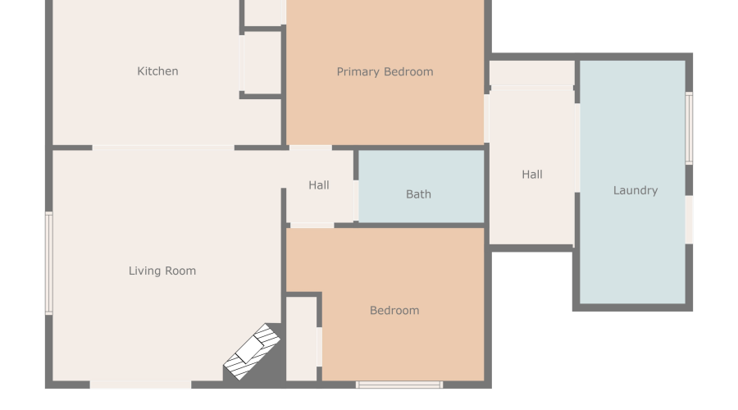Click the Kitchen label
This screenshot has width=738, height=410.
coord(157,71)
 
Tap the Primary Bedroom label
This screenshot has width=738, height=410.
coord(385,71)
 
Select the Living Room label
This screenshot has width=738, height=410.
coord(162,271)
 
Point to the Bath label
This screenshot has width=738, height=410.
coord(418,194)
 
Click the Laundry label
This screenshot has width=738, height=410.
coord(635,190)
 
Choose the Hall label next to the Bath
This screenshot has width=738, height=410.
coord(319,185)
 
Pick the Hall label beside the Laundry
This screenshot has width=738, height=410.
coord(532,174)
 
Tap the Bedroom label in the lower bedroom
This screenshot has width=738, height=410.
coord(394,310)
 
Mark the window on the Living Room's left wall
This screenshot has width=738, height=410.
coord(49,262)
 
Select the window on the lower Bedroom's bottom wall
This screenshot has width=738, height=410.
coord(399,384)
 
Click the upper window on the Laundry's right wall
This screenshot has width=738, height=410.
coord(689,128)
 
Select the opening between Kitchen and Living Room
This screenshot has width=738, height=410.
coord(163,148)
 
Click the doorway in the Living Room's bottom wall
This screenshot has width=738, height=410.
coord(140,384)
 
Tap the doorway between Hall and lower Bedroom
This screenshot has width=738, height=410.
coord(312,225)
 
